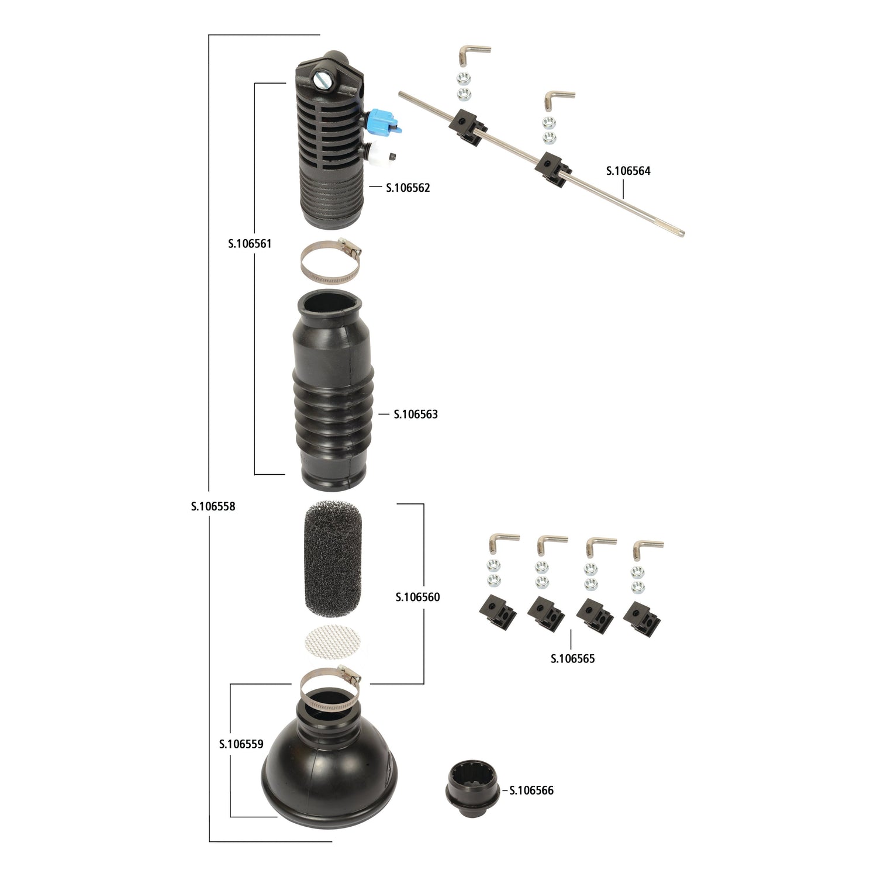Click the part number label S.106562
[x=408, y=188]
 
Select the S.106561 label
[x=250, y=243]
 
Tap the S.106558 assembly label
[x=213, y=506]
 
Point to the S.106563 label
[x=415, y=414]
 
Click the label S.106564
[x=628, y=171]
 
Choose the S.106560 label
[x=417, y=597]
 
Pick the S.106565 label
[x=572, y=658]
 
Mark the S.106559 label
[x=241, y=744]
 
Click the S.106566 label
[x=531, y=790]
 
